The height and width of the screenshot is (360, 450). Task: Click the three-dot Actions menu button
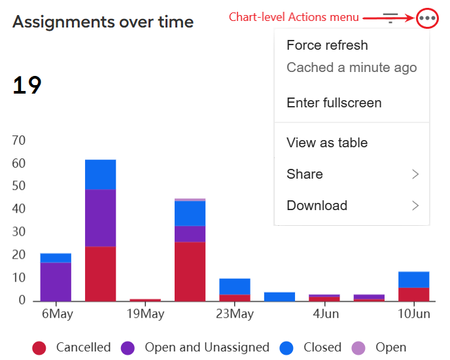tap(427, 18)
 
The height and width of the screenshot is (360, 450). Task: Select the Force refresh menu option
tap(327, 45)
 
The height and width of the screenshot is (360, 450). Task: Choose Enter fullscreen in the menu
tap(334, 103)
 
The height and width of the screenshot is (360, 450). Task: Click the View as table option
tap(327, 143)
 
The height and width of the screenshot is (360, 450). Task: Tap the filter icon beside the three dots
tap(390, 18)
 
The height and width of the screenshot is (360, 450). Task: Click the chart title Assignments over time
tap(103, 22)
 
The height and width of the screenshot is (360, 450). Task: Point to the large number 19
tap(27, 85)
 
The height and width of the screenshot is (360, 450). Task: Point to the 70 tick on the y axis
tap(19, 140)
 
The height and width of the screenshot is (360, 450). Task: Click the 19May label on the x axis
tap(145, 314)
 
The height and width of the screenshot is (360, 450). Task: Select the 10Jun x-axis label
tap(414, 314)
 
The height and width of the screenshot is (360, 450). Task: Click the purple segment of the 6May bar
tap(56, 282)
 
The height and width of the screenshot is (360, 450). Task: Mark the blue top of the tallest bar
tap(101, 175)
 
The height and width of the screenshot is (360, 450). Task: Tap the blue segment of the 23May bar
tap(235, 287)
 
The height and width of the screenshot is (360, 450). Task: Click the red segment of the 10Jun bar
tap(414, 295)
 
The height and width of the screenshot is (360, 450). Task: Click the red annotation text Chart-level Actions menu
tap(294, 17)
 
